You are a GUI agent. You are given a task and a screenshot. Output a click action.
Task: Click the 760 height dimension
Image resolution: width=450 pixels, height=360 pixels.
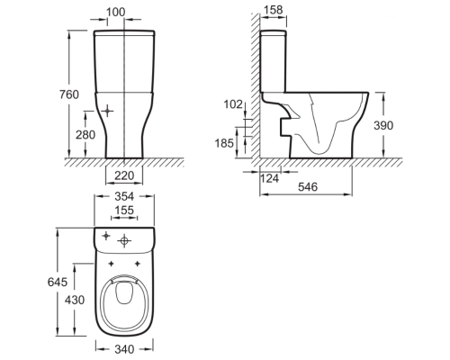click(x=69, y=94)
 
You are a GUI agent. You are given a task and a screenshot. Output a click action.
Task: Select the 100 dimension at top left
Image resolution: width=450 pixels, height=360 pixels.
click(x=116, y=12)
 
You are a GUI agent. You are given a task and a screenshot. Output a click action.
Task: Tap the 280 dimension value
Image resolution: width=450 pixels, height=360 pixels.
click(x=85, y=135)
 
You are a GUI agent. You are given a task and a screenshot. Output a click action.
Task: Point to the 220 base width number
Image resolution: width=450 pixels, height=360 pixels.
click(x=124, y=175)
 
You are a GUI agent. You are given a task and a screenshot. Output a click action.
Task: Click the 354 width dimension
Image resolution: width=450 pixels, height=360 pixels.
click(x=124, y=196)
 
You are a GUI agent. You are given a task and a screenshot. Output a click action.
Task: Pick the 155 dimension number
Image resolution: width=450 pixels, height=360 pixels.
click(x=124, y=211)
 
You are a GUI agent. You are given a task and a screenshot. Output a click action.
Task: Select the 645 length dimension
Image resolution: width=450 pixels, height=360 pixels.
click(x=58, y=282)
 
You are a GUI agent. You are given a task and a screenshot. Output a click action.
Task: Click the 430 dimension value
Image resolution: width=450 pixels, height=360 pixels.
click(x=75, y=300)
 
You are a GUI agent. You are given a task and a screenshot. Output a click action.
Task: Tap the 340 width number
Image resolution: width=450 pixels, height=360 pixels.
click(x=124, y=349)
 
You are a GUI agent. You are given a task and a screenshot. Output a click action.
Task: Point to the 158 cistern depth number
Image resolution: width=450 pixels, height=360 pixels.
click(x=274, y=10)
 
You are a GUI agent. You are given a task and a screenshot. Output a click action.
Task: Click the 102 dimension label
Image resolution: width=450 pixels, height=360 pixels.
click(x=233, y=104)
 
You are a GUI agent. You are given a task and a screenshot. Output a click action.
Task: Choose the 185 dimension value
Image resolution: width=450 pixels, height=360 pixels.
click(x=224, y=143)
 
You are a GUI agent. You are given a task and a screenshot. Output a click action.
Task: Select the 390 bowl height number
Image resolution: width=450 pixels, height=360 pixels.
click(x=383, y=125)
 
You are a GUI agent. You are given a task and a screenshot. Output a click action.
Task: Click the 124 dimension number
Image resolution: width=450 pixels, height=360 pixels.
click(x=269, y=178)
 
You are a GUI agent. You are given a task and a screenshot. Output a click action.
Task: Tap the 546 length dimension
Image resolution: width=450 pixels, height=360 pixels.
click(x=308, y=187)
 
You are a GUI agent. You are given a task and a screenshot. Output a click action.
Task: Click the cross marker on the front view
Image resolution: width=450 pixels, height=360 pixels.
click(x=108, y=112)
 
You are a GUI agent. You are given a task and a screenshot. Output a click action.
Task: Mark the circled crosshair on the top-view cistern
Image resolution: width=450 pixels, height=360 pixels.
click(x=124, y=240)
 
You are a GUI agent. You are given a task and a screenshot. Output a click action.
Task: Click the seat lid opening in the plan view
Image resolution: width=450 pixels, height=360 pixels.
click(x=124, y=292)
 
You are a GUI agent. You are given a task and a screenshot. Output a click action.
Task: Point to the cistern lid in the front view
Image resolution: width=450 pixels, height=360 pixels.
click(x=124, y=32)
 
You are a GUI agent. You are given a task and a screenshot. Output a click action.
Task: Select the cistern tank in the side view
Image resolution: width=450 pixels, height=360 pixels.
click(x=274, y=61)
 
